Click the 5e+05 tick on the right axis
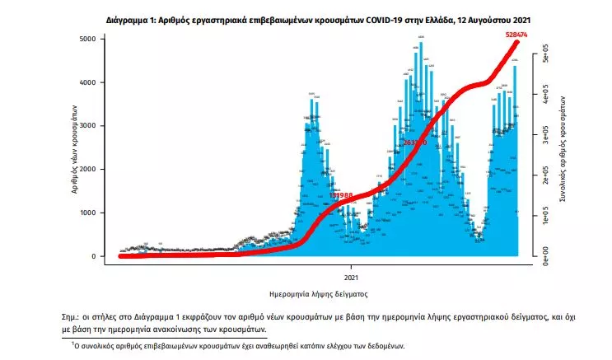(x=544, y=58)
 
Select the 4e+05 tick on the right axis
(x=544, y=98)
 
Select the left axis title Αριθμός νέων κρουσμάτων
(x=75, y=148)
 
